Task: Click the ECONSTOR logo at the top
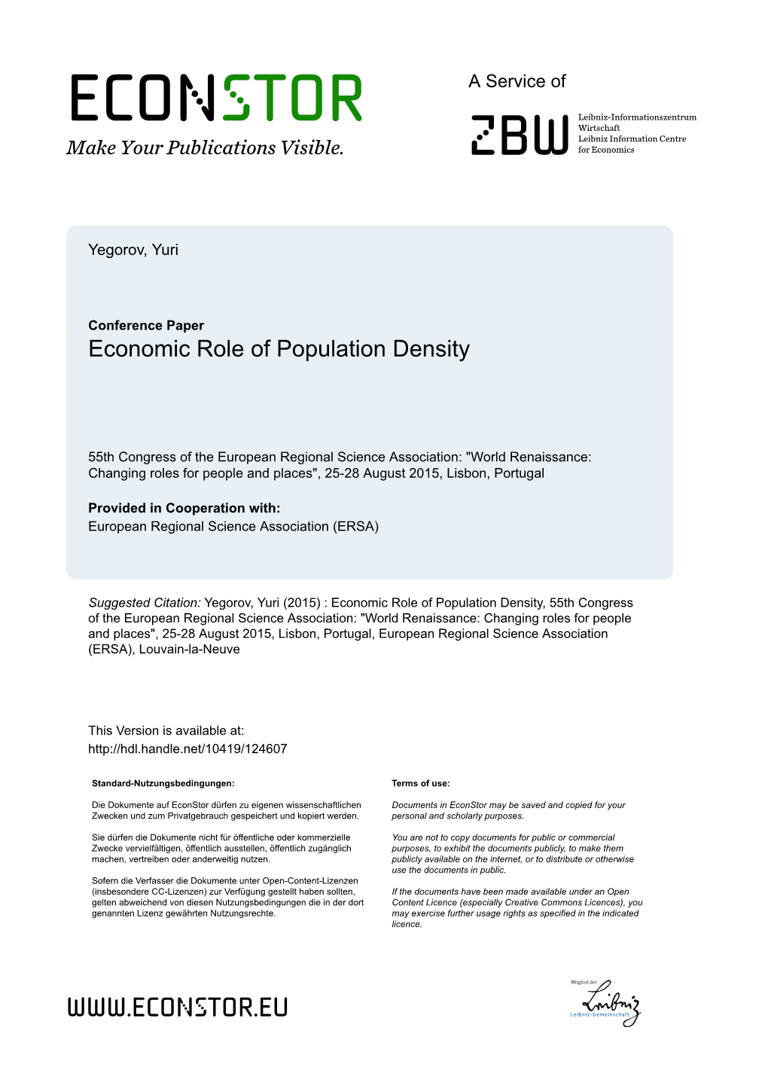(x=216, y=98)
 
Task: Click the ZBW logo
(x=519, y=135)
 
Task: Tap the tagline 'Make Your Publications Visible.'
(x=205, y=148)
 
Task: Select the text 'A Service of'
(x=517, y=81)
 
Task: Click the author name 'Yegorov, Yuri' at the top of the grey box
(x=133, y=251)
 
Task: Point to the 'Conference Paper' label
(x=146, y=326)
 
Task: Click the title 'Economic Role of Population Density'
(x=279, y=349)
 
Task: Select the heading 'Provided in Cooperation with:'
(x=184, y=509)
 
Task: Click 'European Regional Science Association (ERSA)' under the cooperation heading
(x=233, y=527)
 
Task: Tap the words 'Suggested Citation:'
(x=145, y=603)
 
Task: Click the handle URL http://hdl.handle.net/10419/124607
(x=187, y=749)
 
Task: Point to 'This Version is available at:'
(x=166, y=731)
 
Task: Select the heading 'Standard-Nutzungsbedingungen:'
(x=163, y=783)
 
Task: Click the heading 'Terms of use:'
(x=420, y=783)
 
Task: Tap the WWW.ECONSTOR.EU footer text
(x=178, y=1007)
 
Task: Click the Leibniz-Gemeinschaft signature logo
(x=605, y=1003)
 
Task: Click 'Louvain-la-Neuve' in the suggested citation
(x=190, y=649)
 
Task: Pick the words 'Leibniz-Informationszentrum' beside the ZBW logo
(x=637, y=117)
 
